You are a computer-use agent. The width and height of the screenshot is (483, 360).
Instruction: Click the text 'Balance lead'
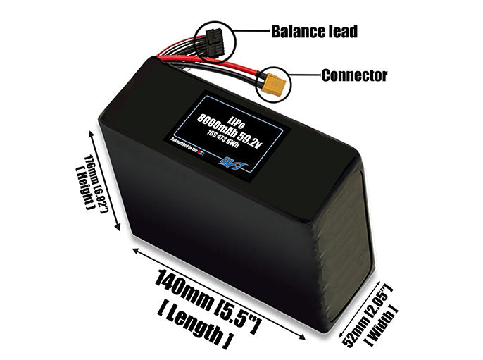[x=314, y=31]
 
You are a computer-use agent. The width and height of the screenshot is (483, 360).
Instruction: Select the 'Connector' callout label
[x=353, y=74]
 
